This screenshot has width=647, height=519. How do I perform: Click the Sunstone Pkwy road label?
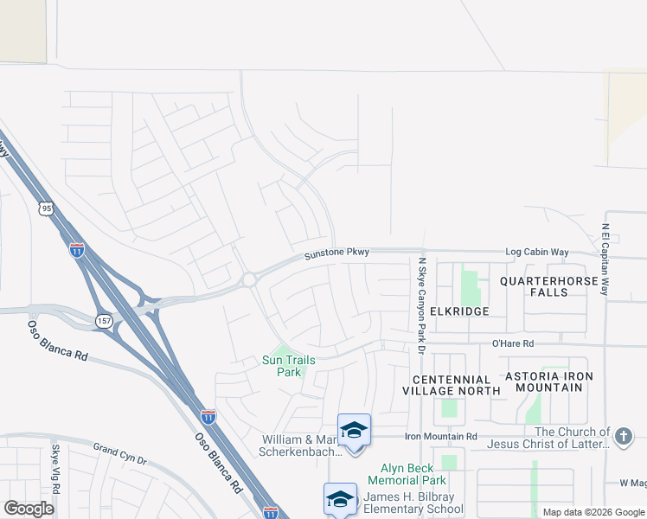(x=336, y=253)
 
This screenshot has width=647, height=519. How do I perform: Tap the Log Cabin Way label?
(x=537, y=252)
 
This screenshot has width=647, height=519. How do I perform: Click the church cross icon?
(x=624, y=437)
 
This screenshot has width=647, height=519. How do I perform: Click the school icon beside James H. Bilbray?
(x=341, y=499)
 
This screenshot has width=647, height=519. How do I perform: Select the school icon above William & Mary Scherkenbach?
(x=354, y=430)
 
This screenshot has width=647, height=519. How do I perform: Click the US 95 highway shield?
(x=45, y=208)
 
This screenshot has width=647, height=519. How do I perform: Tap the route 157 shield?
(x=104, y=320)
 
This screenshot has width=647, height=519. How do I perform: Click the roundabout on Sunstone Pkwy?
(x=249, y=279)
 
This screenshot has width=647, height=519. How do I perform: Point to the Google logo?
(x=29, y=509)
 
